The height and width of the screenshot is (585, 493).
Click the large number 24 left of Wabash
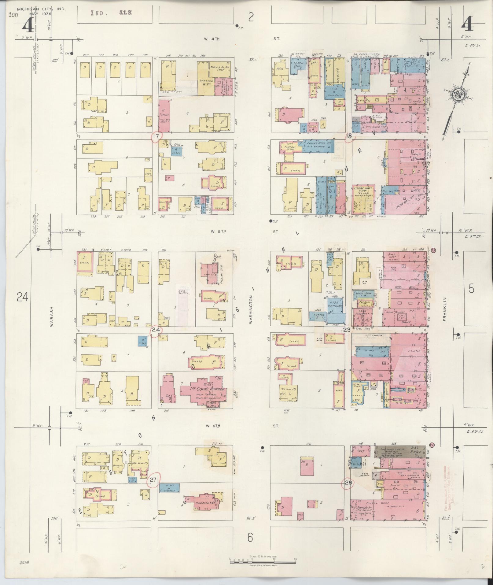(23, 297)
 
